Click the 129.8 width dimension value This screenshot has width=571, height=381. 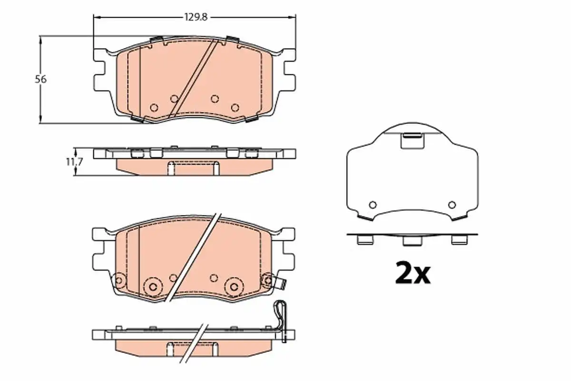tap(196, 17)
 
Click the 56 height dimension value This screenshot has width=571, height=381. tap(41, 80)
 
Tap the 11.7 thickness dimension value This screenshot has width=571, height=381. tap(74, 162)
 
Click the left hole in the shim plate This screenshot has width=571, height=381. tap(373, 205)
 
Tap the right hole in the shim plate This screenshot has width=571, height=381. tap(452, 205)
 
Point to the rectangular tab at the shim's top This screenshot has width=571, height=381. tap(413, 140)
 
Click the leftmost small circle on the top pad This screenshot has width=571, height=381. tap(154, 108)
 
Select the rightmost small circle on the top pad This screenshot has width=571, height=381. tap(235, 108)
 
